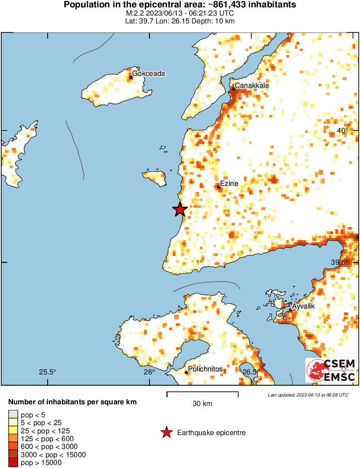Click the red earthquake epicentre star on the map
(180, 210)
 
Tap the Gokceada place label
(149, 74)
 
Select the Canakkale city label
(252, 86)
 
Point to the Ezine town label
(229, 184)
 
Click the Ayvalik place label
(303, 306)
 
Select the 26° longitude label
(149, 372)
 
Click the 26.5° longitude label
(250, 372)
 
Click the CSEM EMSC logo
(331, 370)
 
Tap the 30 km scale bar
(202, 394)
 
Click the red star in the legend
(166, 432)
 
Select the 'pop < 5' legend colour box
(13, 415)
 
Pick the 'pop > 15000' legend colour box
(13, 462)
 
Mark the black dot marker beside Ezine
(218, 187)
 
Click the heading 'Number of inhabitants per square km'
(72, 402)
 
